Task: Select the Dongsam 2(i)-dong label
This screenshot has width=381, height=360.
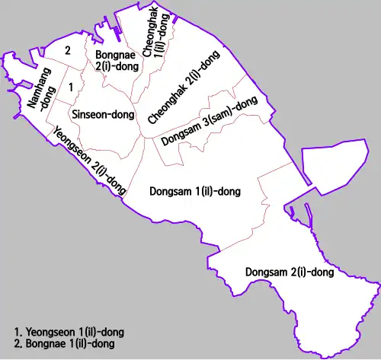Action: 290,272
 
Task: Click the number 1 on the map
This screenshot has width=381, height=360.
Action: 71,88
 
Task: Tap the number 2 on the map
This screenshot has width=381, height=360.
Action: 68,51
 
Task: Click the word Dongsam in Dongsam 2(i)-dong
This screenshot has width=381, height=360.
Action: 264,272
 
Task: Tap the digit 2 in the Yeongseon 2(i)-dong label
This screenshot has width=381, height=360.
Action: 101,171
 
